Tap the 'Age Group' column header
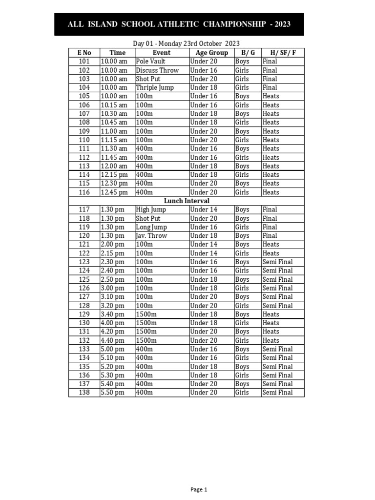click(211, 53)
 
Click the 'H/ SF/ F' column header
click(282, 53)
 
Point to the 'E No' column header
click(84, 53)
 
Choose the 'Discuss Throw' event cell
click(157, 70)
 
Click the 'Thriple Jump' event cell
click(155, 87)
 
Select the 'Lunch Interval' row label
click(187, 201)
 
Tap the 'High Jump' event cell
click(151, 209)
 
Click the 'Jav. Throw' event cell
click(151, 236)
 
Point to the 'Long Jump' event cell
click(151, 227)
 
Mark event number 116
click(84, 192)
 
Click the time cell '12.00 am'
click(114, 166)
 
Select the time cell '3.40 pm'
click(112, 314)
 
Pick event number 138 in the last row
click(84, 393)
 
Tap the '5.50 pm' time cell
click(112, 393)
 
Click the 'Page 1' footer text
click(199, 489)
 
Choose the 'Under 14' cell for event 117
click(204, 209)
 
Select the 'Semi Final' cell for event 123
click(277, 262)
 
